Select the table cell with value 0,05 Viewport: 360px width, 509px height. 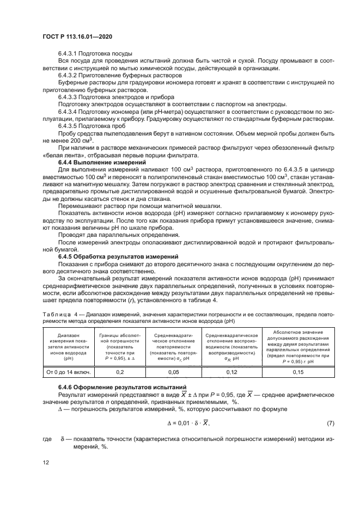coord(173,372)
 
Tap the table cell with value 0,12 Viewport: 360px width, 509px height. coord(231,372)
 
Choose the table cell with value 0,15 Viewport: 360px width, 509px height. coord(298,372)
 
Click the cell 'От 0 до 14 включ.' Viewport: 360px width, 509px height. coord(68,372)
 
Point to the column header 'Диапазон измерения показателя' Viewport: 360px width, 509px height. coord(68,346)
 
